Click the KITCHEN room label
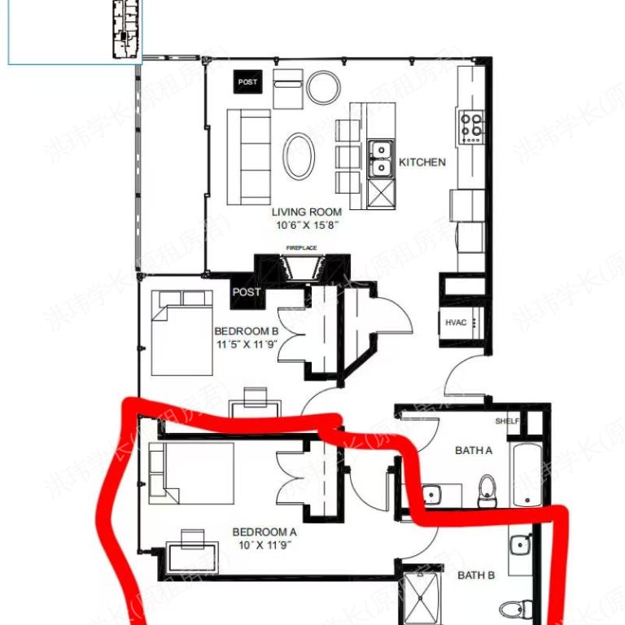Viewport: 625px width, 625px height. pyautogui.click(x=422, y=162)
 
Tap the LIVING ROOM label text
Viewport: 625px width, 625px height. pyautogui.click(x=307, y=212)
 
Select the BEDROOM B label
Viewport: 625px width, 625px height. pyautogui.click(x=247, y=331)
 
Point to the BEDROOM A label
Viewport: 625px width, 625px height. pyautogui.click(x=265, y=531)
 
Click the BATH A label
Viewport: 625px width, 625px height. pyautogui.click(x=474, y=450)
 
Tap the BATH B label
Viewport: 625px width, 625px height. pyautogui.click(x=476, y=575)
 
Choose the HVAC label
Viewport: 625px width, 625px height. pyautogui.click(x=456, y=322)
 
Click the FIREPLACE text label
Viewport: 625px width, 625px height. pyautogui.click(x=300, y=247)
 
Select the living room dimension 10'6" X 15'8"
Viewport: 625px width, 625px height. pyautogui.click(x=308, y=225)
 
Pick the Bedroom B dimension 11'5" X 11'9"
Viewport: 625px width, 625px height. pyautogui.click(x=247, y=344)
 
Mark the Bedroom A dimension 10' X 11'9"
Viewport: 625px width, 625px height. pyautogui.click(x=265, y=544)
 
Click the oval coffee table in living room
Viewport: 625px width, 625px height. pyautogui.click(x=299, y=156)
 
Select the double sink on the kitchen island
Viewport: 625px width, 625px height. pyautogui.click(x=379, y=158)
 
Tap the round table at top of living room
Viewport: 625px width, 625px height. pyautogui.click(x=323, y=85)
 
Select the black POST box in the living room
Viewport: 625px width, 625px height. pyautogui.click(x=248, y=82)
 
